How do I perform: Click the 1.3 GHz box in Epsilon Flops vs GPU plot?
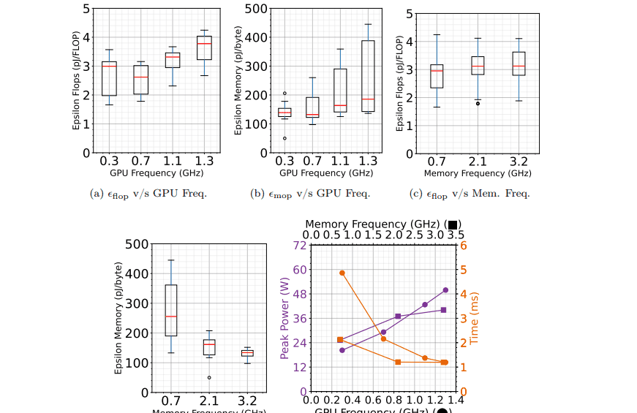point(204,48)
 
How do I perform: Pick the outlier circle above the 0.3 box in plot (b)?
point(284,94)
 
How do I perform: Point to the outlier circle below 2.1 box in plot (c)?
point(478,104)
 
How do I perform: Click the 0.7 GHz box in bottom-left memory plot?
point(171,310)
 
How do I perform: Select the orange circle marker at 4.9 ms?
point(342,273)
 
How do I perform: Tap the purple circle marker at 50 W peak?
point(445,290)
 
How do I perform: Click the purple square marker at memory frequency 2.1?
point(398,317)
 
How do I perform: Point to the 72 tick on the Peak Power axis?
point(298,245)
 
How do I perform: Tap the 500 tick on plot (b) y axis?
point(254,9)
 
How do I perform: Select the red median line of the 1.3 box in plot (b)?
point(368,99)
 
